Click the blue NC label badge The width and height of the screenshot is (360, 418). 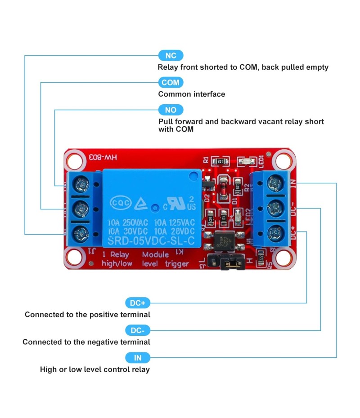click(171, 55)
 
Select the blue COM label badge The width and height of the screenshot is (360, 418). click(171, 83)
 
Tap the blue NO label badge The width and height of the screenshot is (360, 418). click(171, 110)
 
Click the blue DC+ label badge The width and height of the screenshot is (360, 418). click(137, 303)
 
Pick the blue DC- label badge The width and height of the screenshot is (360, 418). click(137, 331)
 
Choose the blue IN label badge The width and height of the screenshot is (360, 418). click(137, 358)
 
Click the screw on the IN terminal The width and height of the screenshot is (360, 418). click(275, 183)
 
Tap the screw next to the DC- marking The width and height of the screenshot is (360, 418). click(275, 208)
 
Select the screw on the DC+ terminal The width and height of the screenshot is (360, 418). click(275, 233)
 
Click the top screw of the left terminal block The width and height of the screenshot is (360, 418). click(81, 183)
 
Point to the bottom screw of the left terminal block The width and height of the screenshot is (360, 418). click(81, 233)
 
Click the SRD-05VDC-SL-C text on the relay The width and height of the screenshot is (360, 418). click(149, 240)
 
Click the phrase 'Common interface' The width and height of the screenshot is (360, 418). click(192, 94)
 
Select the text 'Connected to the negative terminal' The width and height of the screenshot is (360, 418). click(86, 342)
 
